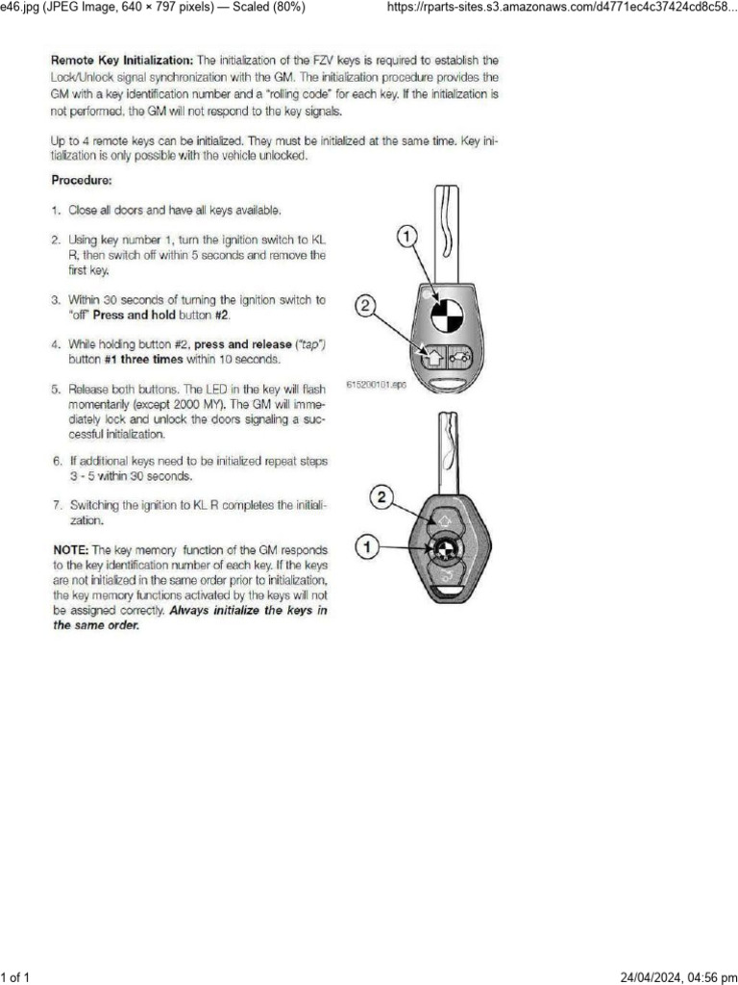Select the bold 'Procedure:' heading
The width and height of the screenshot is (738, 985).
[x=82, y=180]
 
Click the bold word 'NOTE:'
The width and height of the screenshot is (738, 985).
[x=72, y=549]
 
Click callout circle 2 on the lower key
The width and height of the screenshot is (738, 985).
[x=381, y=498]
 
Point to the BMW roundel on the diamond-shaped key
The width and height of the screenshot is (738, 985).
[x=444, y=550]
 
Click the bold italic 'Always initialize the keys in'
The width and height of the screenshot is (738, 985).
[x=248, y=610]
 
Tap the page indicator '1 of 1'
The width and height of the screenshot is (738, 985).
[x=16, y=977]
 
